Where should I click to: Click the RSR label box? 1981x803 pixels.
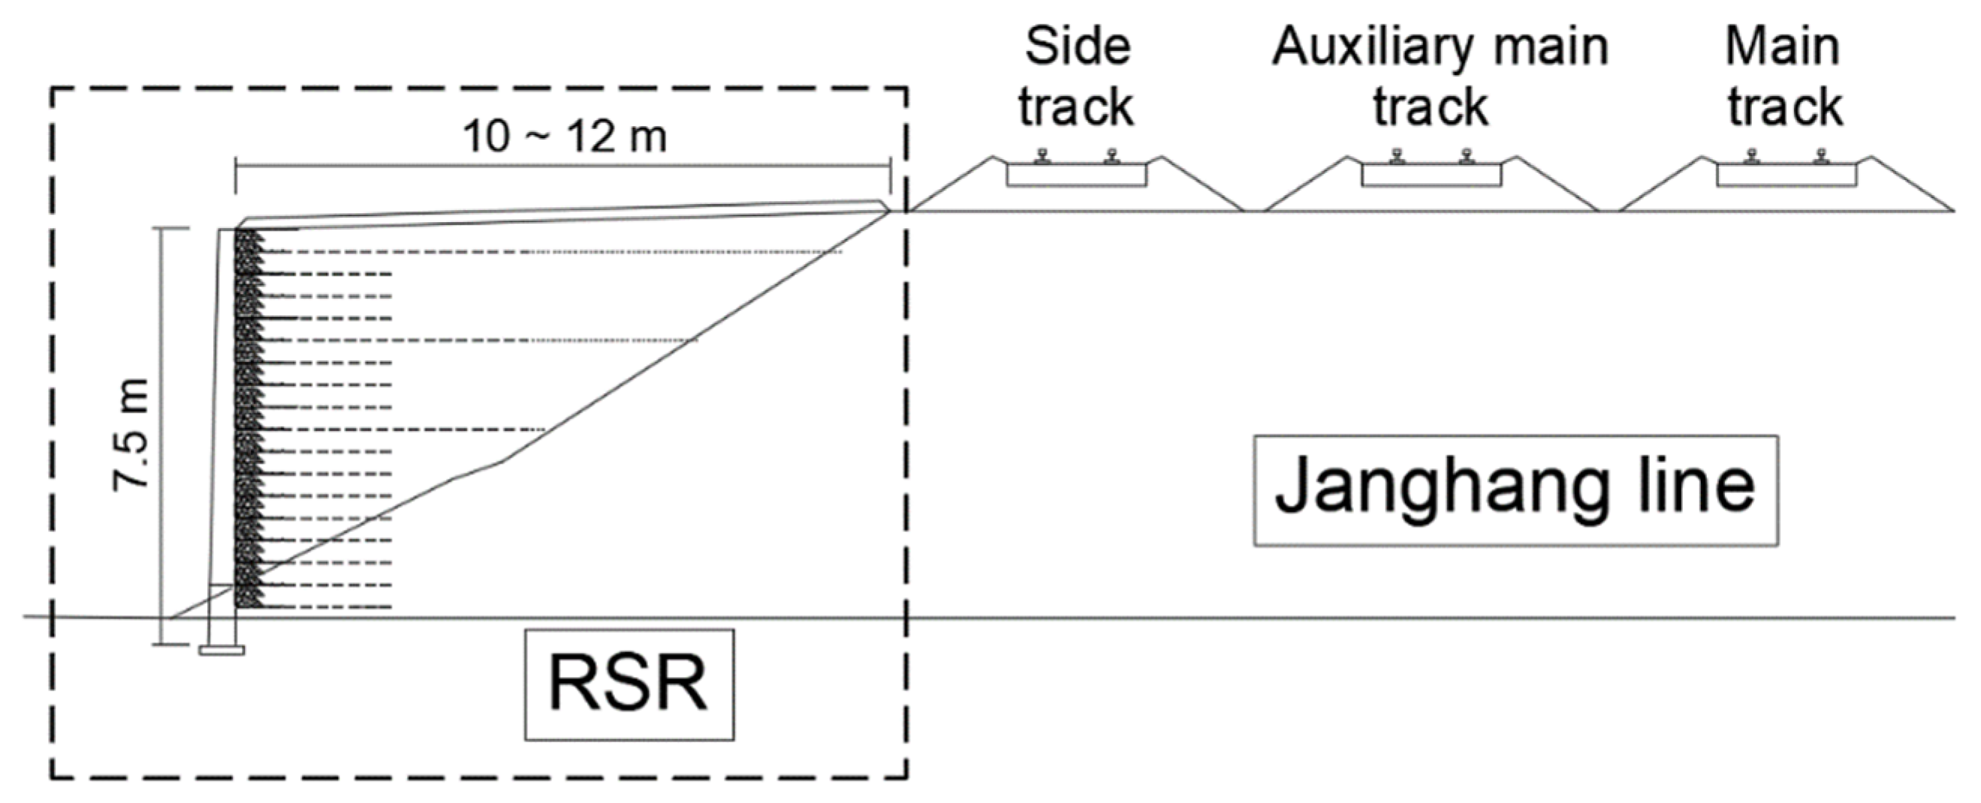(x=629, y=684)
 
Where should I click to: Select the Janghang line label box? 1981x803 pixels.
(x=1515, y=490)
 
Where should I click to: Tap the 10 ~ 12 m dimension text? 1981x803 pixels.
(x=565, y=137)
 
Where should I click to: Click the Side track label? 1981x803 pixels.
(x=1077, y=76)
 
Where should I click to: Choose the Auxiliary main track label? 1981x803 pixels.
(x=1440, y=76)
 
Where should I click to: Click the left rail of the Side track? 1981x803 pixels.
(x=1042, y=156)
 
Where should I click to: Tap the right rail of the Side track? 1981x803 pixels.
(x=1112, y=156)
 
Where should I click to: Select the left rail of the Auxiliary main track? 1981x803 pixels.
(x=1398, y=156)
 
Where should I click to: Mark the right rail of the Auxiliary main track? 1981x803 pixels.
(x=1467, y=156)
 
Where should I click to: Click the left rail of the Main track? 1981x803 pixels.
(x=1752, y=156)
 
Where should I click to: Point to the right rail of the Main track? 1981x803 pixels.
(x=1820, y=156)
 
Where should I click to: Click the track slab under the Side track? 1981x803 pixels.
(x=1077, y=175)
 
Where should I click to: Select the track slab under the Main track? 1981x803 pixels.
(x=1787, y=175)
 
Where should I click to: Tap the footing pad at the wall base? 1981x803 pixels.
(x=222, y=651)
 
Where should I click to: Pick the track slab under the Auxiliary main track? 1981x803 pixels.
(x=1431, y=175)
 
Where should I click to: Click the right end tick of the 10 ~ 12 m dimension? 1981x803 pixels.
(x=890, y=178)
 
